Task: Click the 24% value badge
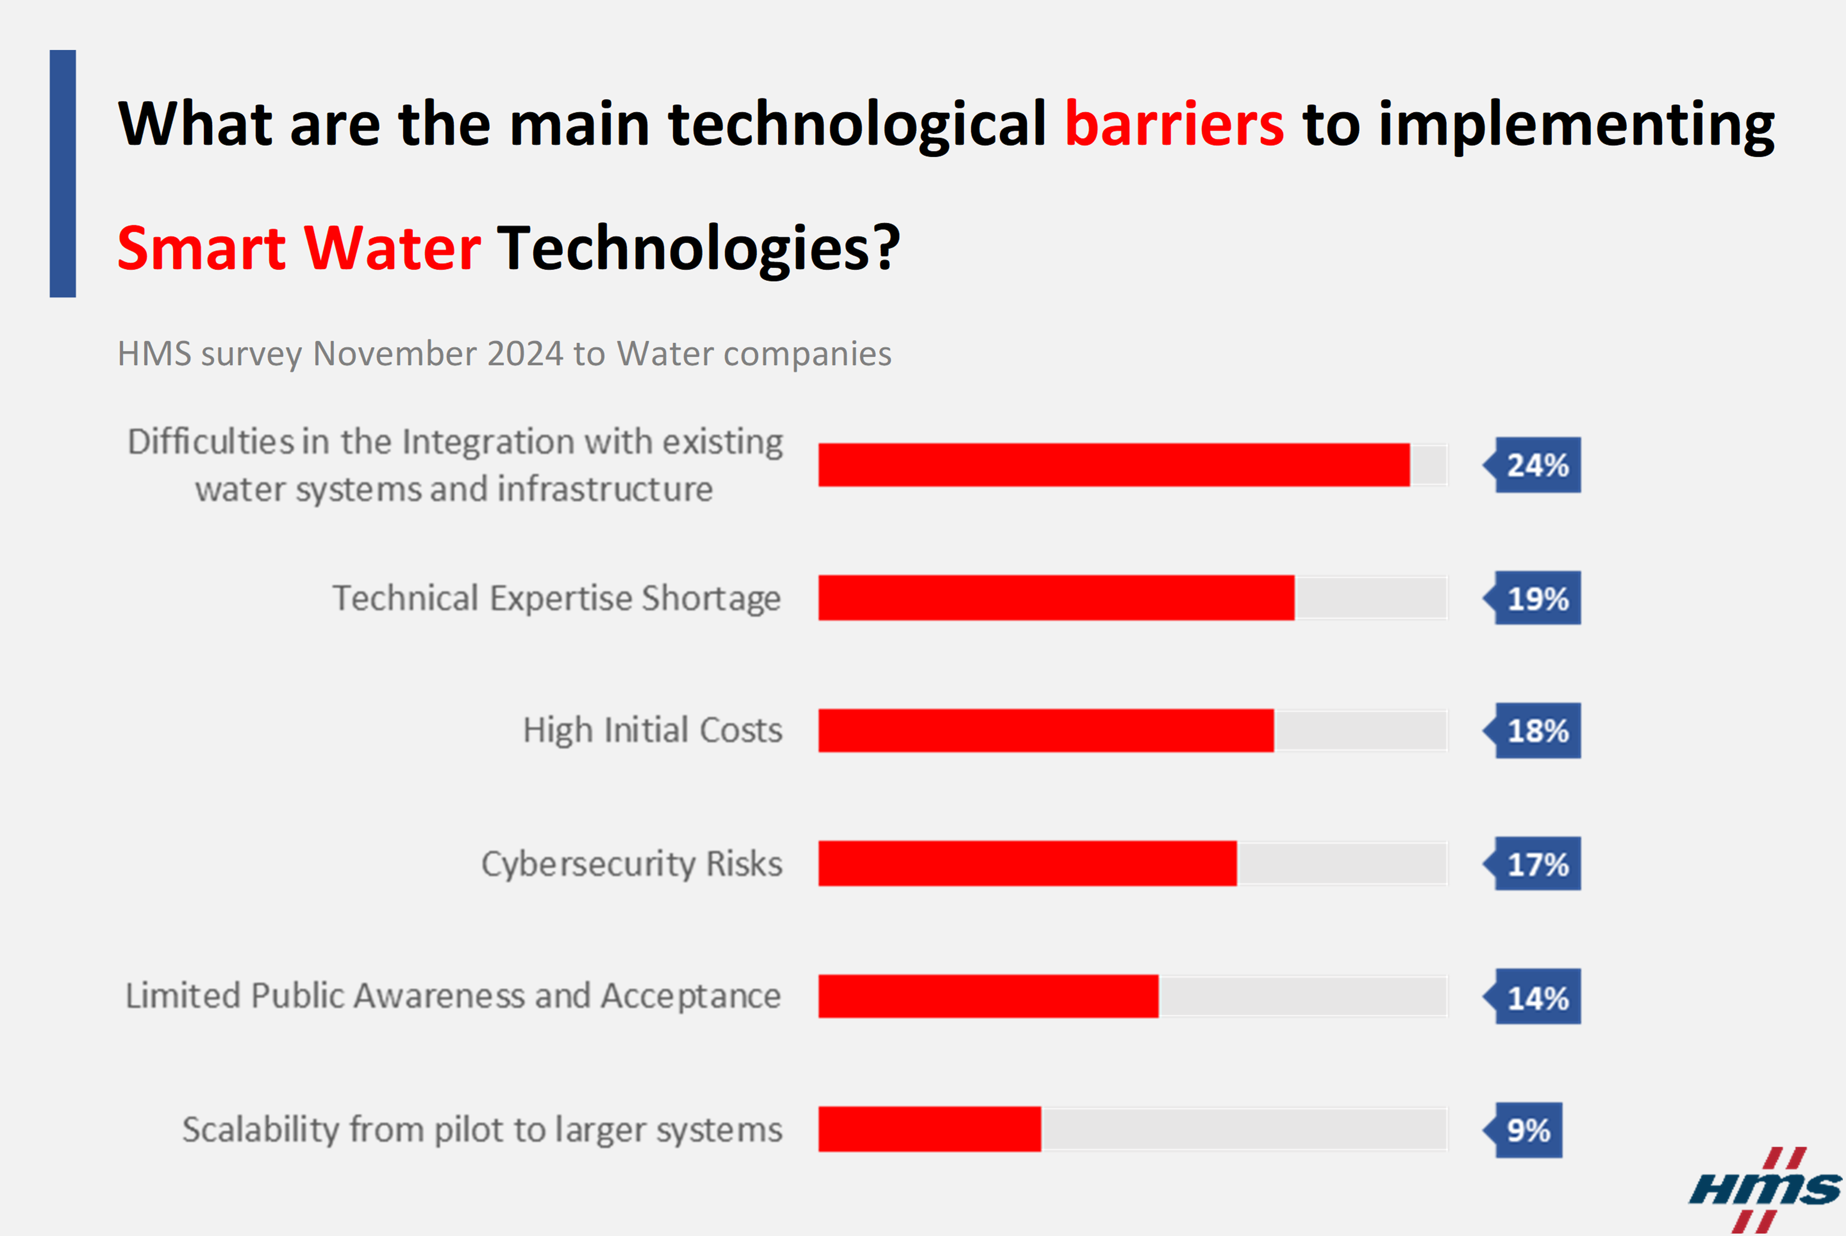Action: tap(1532, 465)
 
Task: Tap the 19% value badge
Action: tap(1532, 598)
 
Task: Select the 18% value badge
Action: tap(1532, 731)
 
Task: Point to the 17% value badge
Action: tap(1532, 864)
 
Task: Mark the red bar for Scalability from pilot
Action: tap(930, 1129)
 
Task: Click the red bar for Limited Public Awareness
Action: tap(988, 996)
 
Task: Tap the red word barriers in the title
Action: tap(1174, 124)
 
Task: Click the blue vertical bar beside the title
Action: tap(63, 174)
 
